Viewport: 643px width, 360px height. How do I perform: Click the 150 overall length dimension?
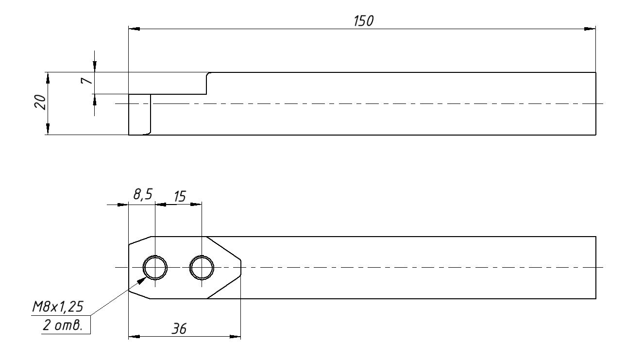coord(364,21)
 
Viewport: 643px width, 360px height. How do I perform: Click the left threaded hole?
coord(155,267)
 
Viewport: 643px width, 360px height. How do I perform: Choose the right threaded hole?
coord(202,267)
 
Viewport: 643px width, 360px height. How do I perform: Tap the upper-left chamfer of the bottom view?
coord(141,240)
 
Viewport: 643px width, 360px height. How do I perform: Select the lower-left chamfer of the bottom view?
coord(140,294)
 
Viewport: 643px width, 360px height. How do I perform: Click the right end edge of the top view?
coord(596,103)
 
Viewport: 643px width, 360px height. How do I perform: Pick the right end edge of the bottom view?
coord(596,267)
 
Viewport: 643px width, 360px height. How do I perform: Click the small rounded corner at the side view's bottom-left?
coord(149,133)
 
